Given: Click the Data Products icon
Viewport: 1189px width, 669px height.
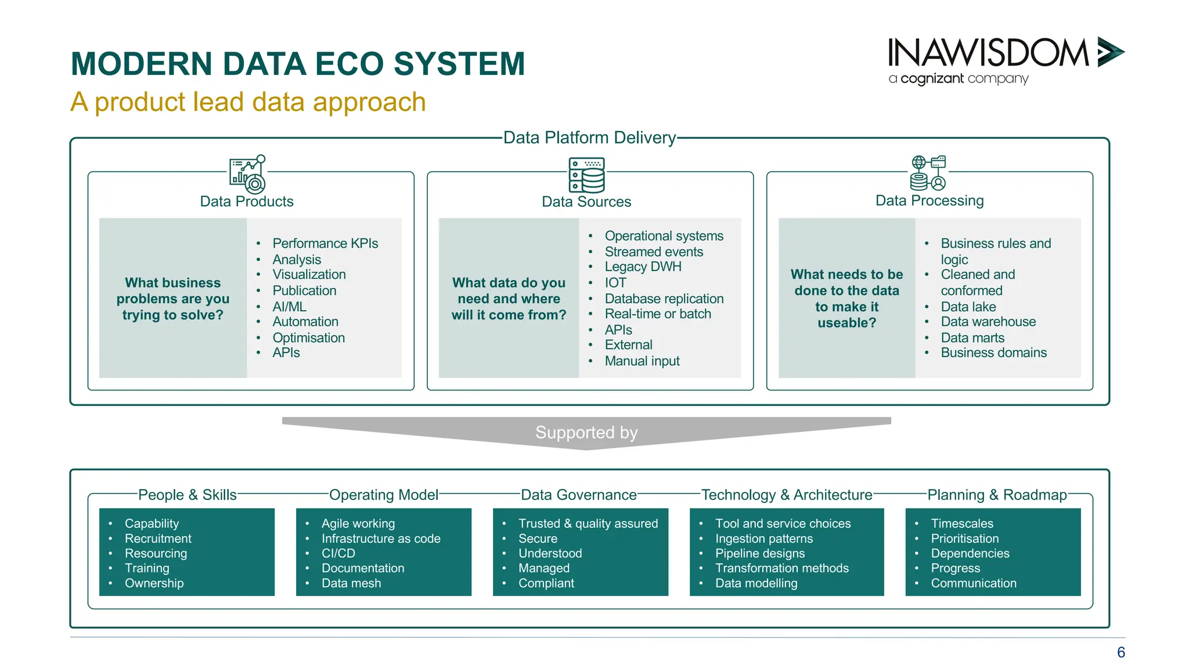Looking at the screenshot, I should coord(248,174).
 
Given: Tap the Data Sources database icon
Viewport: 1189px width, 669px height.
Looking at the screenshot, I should coord(586,175).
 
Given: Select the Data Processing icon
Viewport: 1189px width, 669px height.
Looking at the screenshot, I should coord(928,173).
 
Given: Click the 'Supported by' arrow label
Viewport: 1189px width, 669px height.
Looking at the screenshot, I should coord(586,433).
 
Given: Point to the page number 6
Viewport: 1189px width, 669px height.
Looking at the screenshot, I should coord(1120,652).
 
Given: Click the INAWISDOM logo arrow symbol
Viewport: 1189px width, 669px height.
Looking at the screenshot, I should coord(1110,52).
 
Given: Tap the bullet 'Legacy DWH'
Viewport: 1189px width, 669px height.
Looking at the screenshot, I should coord(643,267).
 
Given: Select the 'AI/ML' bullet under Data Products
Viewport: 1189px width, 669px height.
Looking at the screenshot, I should coord(289,307).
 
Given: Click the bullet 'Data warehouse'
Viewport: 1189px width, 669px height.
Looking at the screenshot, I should coord(988,322).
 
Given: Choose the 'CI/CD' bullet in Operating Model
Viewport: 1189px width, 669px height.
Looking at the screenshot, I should coord(338,553).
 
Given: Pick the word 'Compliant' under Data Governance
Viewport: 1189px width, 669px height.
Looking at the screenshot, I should coord(546,583).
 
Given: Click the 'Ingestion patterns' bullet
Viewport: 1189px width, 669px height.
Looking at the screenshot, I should coord(763,538).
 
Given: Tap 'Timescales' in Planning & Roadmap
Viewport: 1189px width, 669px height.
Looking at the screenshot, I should coord(961,523).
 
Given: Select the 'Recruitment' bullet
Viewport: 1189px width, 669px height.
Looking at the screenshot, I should coord(158,538).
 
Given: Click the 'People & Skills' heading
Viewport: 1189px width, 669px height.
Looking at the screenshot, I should coord(187,495).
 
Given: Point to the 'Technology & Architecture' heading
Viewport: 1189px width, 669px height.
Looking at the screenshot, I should coord(787,495).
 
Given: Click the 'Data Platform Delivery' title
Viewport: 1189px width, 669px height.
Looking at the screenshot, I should coord(589,138).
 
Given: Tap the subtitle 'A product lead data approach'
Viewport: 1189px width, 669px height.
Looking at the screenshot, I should coord(248,102).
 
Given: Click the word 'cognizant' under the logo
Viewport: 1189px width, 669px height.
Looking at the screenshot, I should coord(932,78).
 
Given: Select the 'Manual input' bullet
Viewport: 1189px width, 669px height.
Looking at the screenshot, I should coord(642,361).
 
